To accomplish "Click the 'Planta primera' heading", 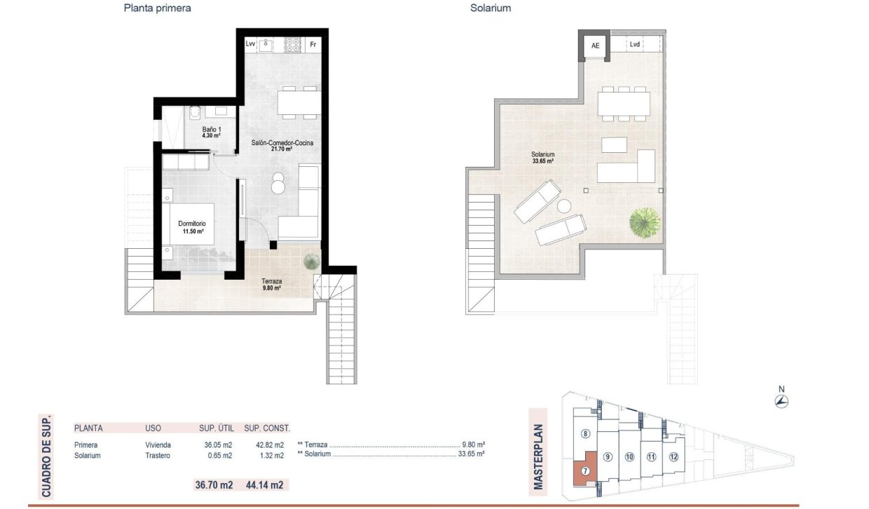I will click(158, 8).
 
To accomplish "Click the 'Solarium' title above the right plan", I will click(491, 8).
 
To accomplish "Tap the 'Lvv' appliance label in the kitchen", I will click(251, 43).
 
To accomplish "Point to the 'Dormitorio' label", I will click(191, 224).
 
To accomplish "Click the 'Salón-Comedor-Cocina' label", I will click(282, 144).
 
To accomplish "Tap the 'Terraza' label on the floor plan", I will click(272, 282).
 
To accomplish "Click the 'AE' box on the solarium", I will click(596, 46).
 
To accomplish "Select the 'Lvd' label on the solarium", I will click(635, 45).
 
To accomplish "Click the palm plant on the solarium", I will click(644, 223).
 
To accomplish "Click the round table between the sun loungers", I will click(566, 207).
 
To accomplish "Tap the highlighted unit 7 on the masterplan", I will click(585, 473).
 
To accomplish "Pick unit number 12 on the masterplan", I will click(673, 457).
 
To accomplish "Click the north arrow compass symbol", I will click(782, 401).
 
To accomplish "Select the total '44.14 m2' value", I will click(266, 484).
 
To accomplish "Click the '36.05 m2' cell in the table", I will click(217, 445).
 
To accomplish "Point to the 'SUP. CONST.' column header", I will click(267, 428).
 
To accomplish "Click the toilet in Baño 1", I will click(193, 113).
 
